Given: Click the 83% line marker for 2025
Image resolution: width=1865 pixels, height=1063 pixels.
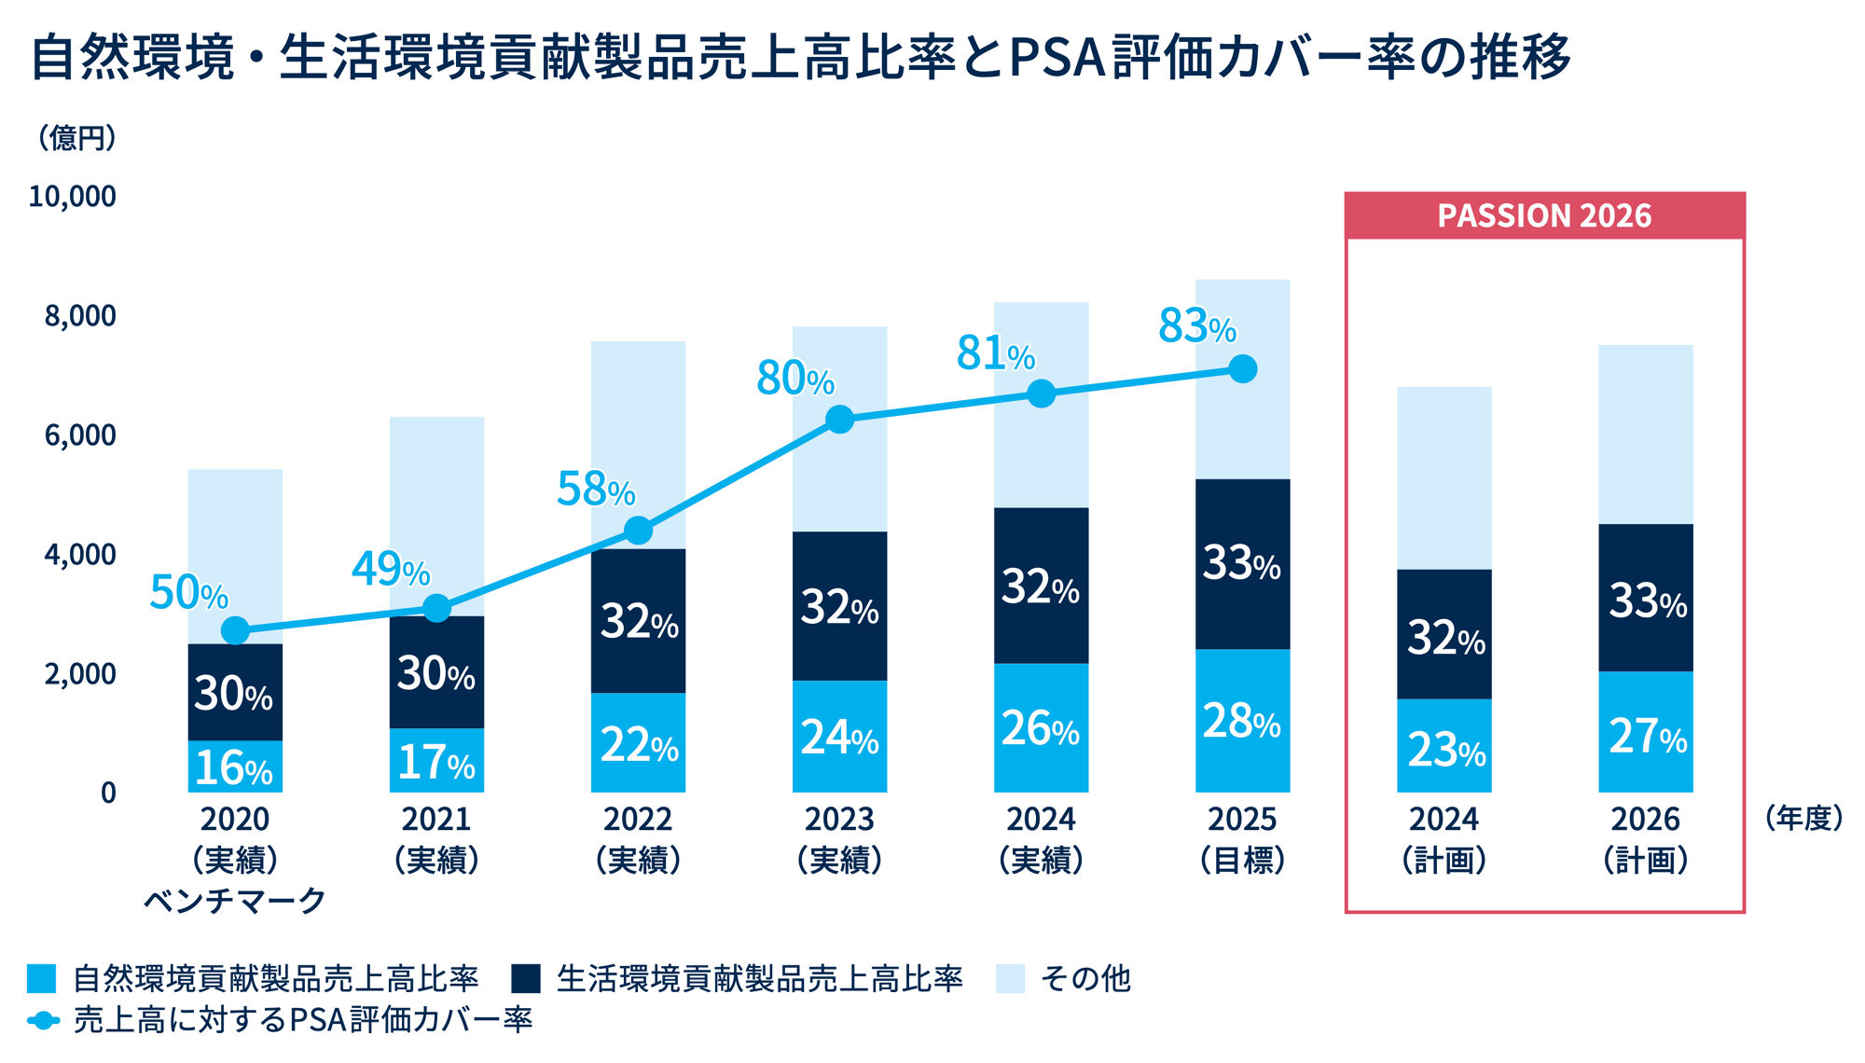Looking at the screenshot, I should pyautogui.click(x=1242, y=369).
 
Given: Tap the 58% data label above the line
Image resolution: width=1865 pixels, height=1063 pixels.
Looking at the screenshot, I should pyautogui.click(x=596, y=489).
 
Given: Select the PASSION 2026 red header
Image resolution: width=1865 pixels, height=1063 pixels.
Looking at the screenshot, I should pyautogui.click(x=1544, y=215).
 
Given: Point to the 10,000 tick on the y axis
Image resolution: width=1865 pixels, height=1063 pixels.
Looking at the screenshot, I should pyautogui.click(x=73, y=197).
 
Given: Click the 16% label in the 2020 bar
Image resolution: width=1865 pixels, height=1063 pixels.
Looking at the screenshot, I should pyautogui.click(x=233, y=767).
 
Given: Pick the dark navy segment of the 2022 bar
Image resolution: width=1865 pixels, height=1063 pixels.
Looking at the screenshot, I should pyautogui.click(x=638, y=620).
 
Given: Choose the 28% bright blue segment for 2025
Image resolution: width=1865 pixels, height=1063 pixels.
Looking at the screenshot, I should pyautogui.click(x=1242, y=721).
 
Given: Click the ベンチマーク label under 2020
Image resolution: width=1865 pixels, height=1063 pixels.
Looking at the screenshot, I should pyautogui.click(x=234, y=900).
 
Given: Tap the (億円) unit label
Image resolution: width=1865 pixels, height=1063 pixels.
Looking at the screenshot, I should pyautogui.click(x=76, y=138).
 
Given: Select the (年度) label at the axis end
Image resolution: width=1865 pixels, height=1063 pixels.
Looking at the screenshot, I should pyautogui.click(x=1803, y=819).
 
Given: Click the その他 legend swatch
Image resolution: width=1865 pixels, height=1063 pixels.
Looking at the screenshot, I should pyautogui.click(x=1010, y=978).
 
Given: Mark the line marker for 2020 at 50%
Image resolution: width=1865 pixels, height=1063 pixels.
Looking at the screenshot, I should pyautogui.click(x=236, y=631).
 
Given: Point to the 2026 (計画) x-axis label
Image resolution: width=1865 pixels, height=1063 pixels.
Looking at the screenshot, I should pyautogui.click(x=1646, y=839).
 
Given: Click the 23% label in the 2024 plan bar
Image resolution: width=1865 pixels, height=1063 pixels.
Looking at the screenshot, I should pyautogui.click(x=1445, y=749).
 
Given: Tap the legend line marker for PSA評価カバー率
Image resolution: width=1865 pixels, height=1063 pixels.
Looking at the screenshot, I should pyautogui.click(x=43, y=1020).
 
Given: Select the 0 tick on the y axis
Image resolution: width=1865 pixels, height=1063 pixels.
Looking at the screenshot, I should pyautogui.click(x=109, y=794).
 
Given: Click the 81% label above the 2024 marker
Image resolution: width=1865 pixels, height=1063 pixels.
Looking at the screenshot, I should pyautogui.click(x=995, y=353).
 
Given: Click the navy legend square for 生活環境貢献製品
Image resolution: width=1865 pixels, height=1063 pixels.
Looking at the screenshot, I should pyautogui.click(x=526, y=978).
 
